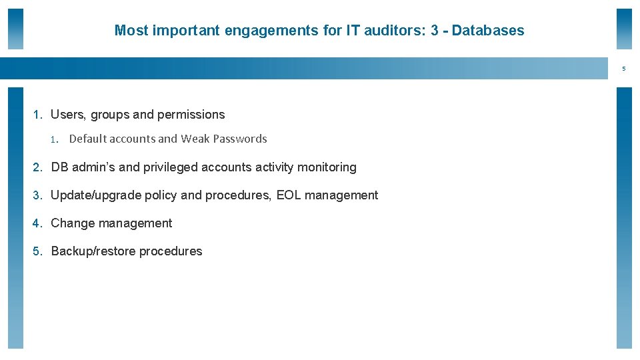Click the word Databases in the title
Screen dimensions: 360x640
coord(488,30)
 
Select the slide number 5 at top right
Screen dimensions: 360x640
coord(624,69)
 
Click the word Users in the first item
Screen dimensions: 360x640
coord(67,115)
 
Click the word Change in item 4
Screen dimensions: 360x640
coord(71,223)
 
